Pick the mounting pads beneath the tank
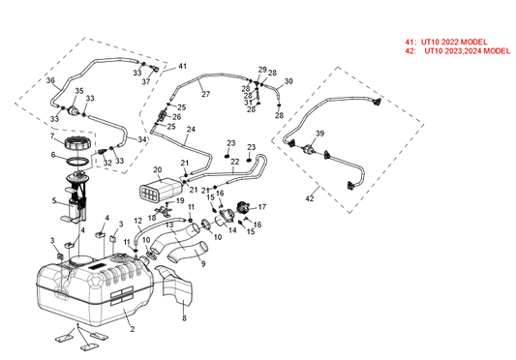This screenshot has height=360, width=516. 77,339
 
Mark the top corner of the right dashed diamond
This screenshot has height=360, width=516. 338,67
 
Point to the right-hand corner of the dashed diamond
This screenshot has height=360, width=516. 423,123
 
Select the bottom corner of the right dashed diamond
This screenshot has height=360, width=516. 348,213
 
